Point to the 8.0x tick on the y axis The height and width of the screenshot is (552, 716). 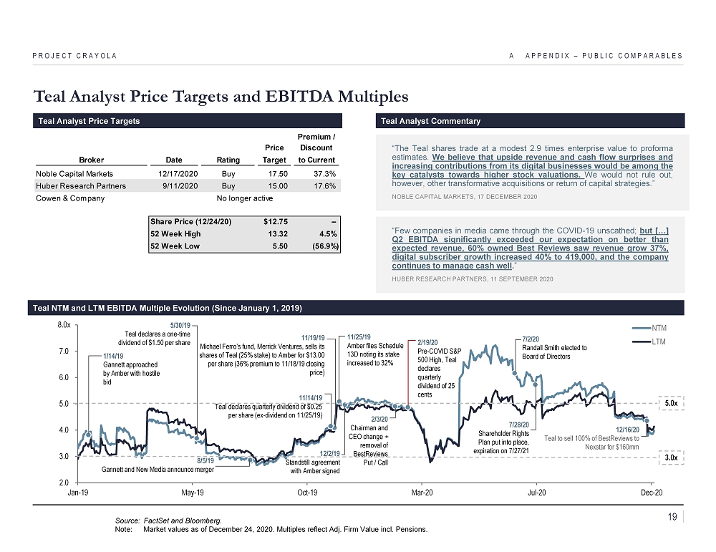(x=63, y=325)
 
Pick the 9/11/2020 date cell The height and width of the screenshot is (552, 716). (x=173, y=186)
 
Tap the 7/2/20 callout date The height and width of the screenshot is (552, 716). (x=531, y=339)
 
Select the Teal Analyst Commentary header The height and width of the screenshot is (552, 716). (x=431, y=121)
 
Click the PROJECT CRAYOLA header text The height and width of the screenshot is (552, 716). (x=74, y=56)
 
